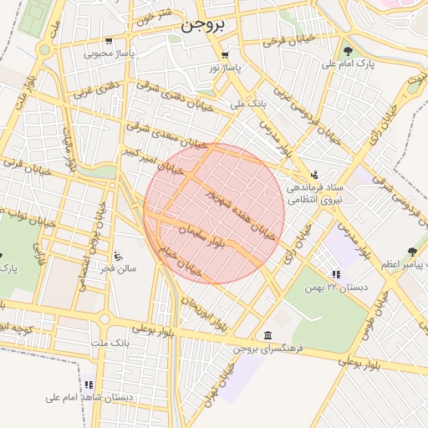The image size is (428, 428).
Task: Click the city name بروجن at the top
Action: (203, 26)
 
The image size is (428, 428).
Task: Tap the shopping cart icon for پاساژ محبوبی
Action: (109, 40)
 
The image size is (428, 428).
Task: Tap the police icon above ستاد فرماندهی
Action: (313, 175)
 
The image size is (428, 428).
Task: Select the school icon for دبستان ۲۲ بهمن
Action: (335, 273)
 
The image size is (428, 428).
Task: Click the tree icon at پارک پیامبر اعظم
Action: (411, 251)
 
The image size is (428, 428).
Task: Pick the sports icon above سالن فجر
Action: (118, 256)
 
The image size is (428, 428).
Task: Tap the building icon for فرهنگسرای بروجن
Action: (267, 335)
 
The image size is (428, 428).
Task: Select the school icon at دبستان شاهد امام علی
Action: (88, 384)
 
